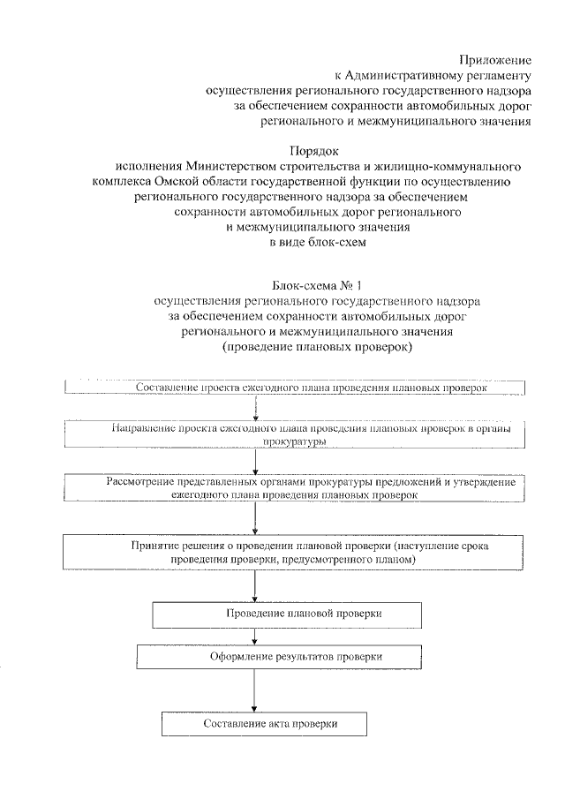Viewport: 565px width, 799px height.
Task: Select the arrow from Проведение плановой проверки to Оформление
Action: pyautogui.click(x=255, y=635)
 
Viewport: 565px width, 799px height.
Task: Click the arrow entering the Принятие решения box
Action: pyautogui.click(x=255, y=519)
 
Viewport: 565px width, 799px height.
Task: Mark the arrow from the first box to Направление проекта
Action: pyautogui.click(x=255, y=407)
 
